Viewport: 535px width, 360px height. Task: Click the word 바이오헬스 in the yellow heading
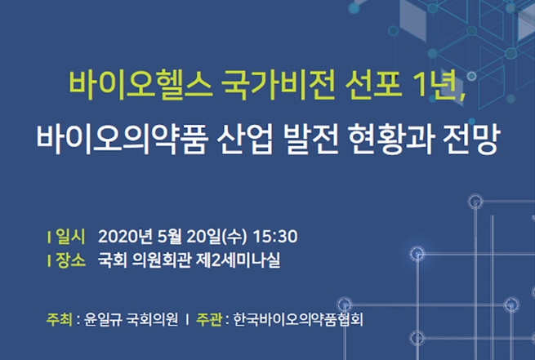pos(140,84)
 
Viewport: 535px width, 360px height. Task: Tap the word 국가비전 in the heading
pos(278,84)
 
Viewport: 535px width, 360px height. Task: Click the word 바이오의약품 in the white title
pos(122,140)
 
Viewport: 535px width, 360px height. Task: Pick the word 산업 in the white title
pos(245,140)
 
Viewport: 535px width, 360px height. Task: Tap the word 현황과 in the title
pos(391,140)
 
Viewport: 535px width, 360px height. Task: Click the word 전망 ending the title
pos(471,140)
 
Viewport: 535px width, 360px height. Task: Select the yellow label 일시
pos(70,237)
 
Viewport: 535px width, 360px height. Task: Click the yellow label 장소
pos(70,260)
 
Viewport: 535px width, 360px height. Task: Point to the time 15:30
pos(275,237)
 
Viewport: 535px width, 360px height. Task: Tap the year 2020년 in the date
pos(125,237)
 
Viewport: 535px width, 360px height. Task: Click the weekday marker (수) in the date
pos(234,237)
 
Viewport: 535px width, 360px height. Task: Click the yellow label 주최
pos(59,320)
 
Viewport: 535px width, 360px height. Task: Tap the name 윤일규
pos(103,320)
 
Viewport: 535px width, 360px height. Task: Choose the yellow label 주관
pos(209,320)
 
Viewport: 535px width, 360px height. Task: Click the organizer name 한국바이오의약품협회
pos(298,320)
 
